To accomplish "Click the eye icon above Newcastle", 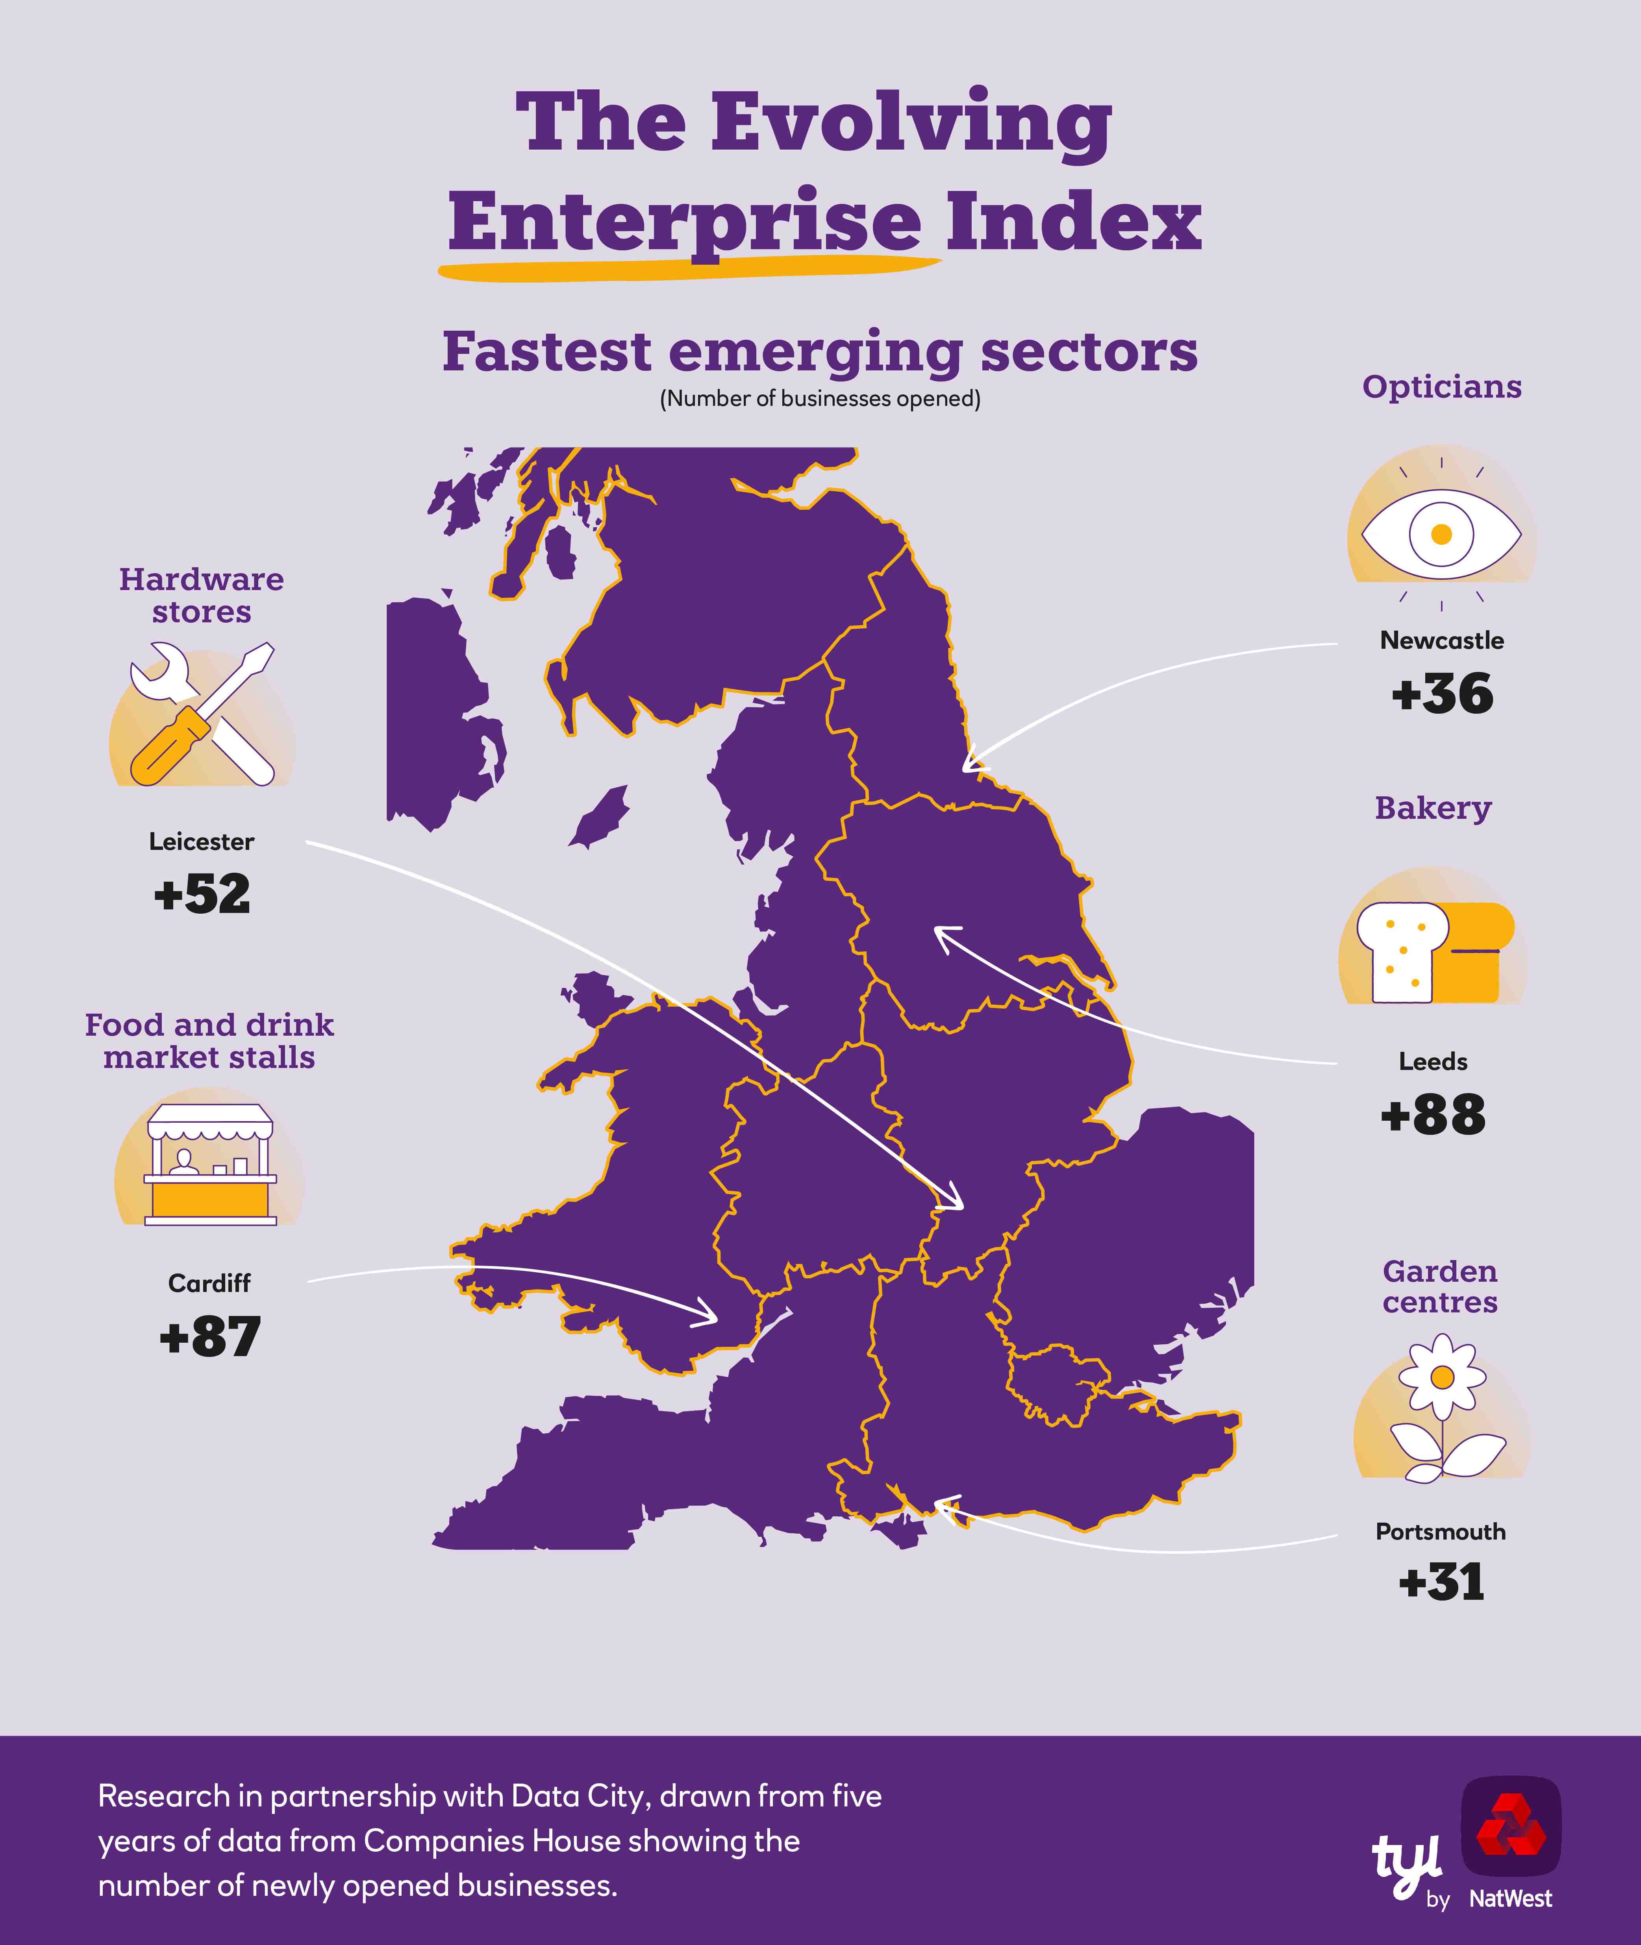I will coord(1441,534).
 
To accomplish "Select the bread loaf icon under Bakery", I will coord(1433,951).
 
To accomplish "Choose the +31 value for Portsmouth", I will coord(1441,1582).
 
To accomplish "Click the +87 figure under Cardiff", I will coord(209,1337).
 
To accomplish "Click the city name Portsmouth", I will coord(1440,1532).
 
